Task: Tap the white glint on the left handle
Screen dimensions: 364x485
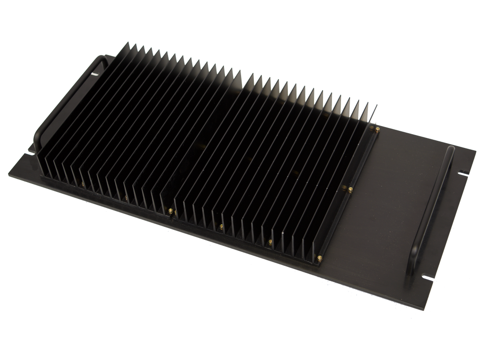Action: [95, 74]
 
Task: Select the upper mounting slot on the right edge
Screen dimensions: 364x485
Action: [463, 173]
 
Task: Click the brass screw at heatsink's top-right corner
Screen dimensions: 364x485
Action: [377, 128]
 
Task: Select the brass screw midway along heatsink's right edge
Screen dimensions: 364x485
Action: [350, 190]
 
